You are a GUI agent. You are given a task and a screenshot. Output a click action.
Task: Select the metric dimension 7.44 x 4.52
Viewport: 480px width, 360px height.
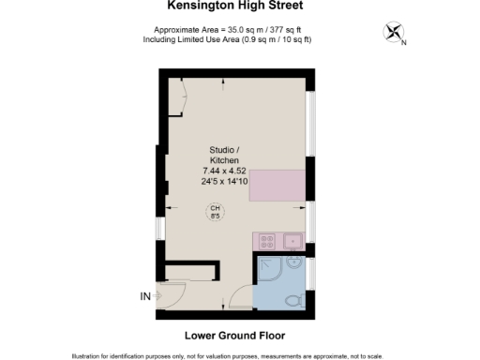pos(224,171)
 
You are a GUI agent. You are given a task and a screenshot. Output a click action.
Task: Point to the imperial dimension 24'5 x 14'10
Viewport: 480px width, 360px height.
pos(224,181)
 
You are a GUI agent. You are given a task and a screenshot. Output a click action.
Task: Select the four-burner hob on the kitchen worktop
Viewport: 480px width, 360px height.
pos(263,241)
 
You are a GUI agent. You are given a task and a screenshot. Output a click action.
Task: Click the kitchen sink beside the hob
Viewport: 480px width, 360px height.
pos(292,241)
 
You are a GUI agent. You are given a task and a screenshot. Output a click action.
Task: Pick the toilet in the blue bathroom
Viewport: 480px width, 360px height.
pos(293,300)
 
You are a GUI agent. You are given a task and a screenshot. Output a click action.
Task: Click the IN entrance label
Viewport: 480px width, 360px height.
pos(145,297)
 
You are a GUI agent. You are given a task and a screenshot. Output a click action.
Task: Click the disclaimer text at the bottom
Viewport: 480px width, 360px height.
pos(240,355)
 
